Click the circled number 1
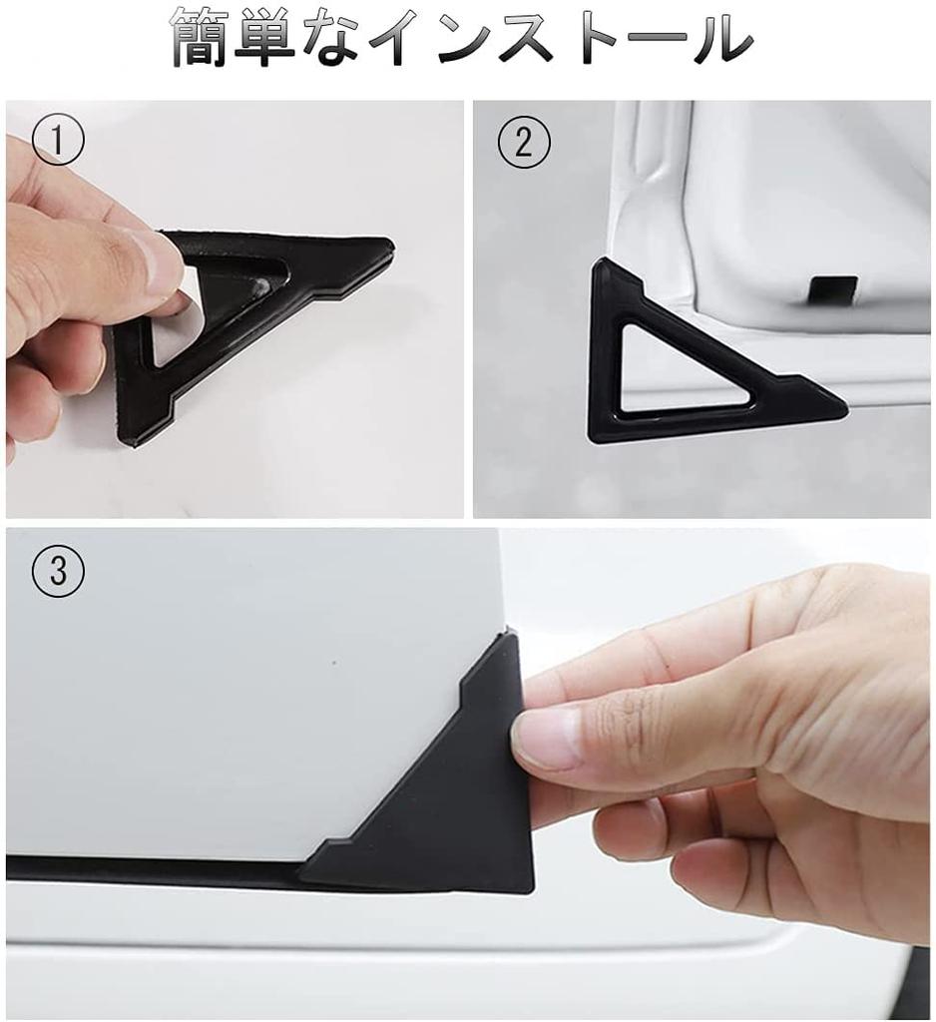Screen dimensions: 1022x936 pos(57,142)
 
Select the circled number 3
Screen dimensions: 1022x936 pos(58,572)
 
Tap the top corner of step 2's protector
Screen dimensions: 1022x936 pos(600,263)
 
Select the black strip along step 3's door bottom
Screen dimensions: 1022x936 pos(150,868)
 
